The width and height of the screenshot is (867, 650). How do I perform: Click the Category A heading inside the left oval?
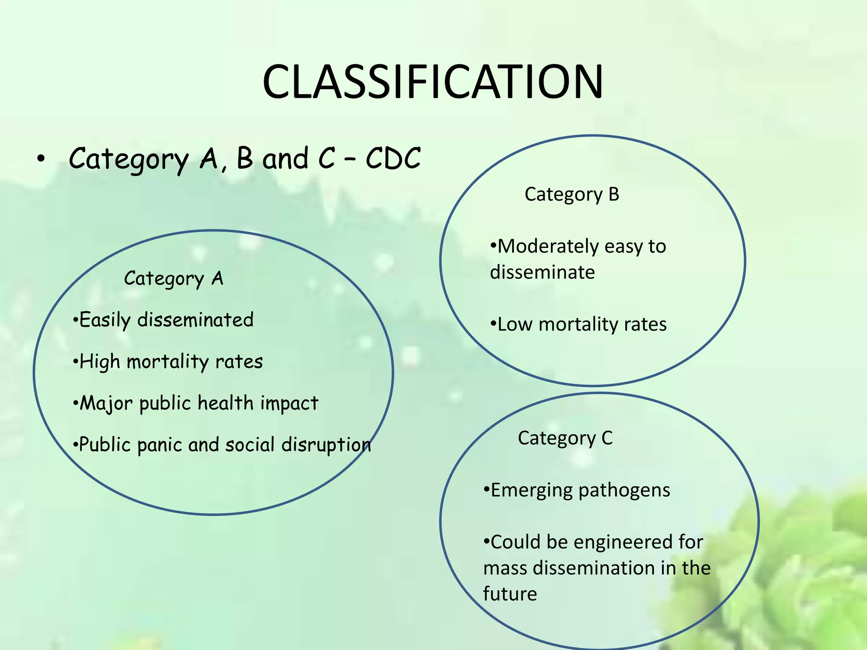click(174, 278)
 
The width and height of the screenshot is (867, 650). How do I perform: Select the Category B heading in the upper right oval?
click(572, 195)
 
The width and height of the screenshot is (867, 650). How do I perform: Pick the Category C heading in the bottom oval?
click(565, 438)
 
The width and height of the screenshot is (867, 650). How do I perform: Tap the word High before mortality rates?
click(100, 362)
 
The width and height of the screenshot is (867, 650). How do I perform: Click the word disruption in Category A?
click(326, 445)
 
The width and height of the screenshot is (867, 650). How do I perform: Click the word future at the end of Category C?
click(510, 594)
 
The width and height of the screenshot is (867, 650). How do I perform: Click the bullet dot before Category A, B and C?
click(40, 159)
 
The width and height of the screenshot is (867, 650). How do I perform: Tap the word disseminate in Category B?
click(542, 272)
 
